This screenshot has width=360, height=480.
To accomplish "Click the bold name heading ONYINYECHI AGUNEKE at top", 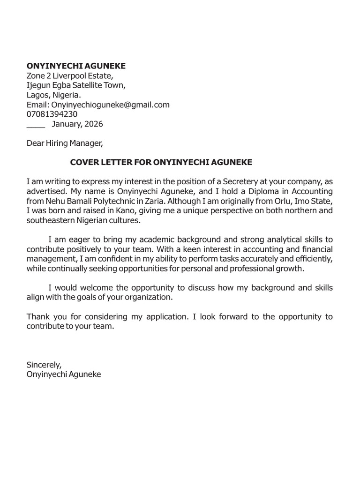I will [76, 66].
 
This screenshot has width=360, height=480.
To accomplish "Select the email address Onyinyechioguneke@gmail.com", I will [110, 105].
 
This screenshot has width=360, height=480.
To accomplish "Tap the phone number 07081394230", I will [52, 114].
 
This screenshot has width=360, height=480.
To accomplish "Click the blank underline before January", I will [36, 125].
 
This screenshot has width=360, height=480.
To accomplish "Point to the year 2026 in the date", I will [94, 124].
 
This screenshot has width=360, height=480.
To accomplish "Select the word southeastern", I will [51, 220].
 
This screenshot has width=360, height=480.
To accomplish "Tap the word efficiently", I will [314, 259].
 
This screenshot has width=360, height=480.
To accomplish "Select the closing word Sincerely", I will [44, 364].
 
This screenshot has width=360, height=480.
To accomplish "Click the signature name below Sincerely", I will [64, 374].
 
